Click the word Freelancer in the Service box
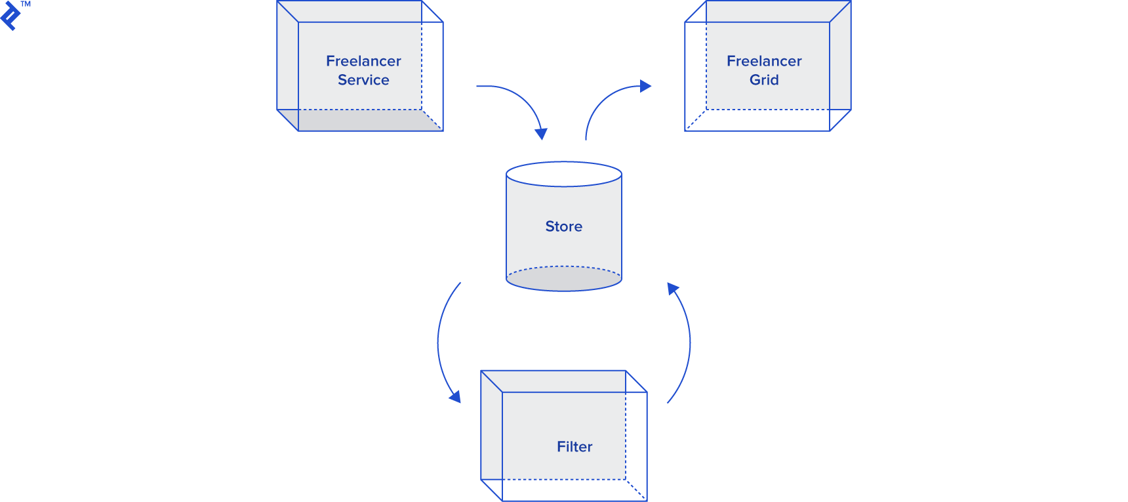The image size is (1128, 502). click(363, 61)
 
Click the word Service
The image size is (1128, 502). click(363, 80)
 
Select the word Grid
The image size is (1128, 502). click(764, 80)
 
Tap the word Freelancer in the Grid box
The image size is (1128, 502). click(764, 61)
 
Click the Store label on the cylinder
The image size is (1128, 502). click(563, 226)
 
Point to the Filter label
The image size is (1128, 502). click(574, 447)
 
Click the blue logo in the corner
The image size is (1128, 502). click(10, 16)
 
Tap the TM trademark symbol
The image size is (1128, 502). click(26, 4)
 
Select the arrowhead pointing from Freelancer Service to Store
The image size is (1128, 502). click(541, 133)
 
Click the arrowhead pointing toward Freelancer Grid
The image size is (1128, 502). click(645, 86)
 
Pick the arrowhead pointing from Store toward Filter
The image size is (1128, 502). click(454, 396)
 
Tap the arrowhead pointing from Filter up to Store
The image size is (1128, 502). click(673, 289)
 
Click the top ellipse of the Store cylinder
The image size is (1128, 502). click(563, 174)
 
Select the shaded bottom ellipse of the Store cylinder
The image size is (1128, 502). click(563, 281)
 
